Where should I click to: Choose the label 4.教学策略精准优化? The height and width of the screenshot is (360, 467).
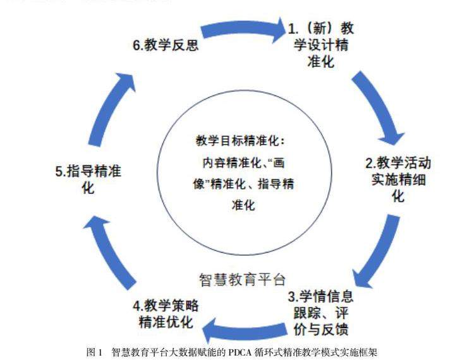tap(166, 314)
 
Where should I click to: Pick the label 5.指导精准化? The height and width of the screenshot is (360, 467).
tap(88, 179)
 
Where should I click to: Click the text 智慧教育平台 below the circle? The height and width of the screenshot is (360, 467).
tap(243, 279)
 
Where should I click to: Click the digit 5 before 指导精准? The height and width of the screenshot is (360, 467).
tap(59, 171)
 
